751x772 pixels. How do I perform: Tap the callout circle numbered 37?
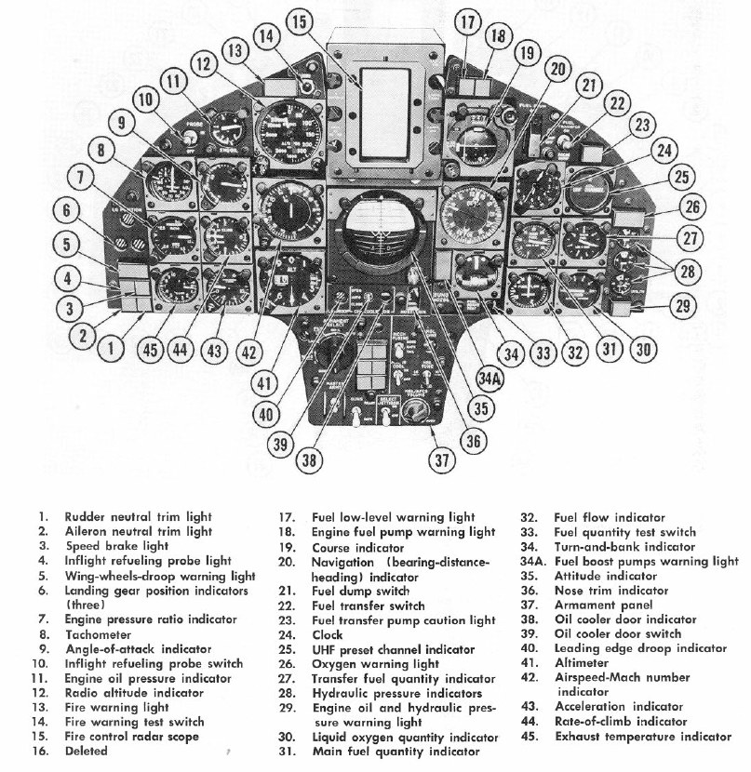(x=443, y=458)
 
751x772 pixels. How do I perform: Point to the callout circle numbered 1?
(x=112, y=349)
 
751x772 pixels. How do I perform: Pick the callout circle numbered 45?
(x=152, y=349)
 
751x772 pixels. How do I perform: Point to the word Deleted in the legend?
(x=87, y=752)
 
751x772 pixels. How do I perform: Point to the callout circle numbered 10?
(x=144, y=100)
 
